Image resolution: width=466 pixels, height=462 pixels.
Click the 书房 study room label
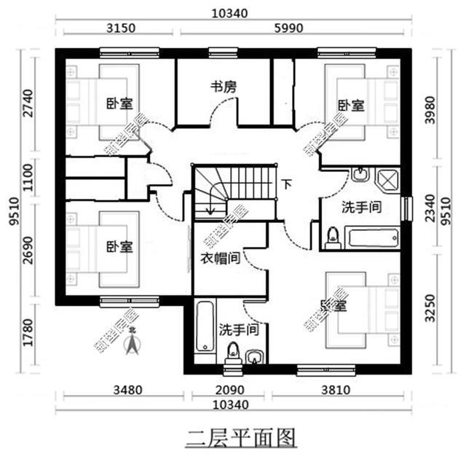point(224,87)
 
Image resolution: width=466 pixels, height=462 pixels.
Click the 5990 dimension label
point(288,28)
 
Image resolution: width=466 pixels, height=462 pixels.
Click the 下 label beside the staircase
point(288,184)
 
